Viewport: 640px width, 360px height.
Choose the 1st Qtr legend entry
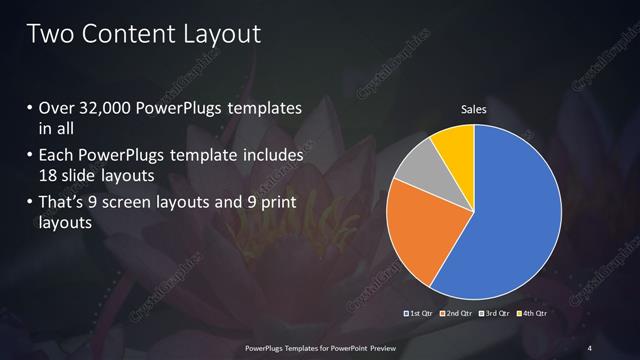tap(417, 314)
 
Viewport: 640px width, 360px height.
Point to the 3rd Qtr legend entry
tap(496, 314)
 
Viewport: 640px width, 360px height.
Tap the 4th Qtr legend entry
tap(532, 314)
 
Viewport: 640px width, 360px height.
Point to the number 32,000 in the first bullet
tap(105, 107)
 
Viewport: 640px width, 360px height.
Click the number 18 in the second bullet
tap(48, 177)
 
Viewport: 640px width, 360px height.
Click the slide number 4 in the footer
tap(589, 347)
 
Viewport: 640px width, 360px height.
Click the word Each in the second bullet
tap(57, 155)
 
